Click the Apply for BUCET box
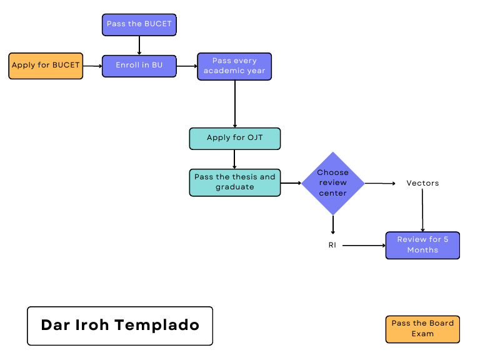(46, 66)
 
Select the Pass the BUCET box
(139, 24)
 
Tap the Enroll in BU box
(139, 65)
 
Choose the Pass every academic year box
(234, 66)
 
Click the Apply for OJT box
(234, 138)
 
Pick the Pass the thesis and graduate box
(234, 182)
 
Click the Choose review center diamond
(332, 183)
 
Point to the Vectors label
(422, 183)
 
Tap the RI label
(332, 245)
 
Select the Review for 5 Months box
(422, 245)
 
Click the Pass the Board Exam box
(422, 329)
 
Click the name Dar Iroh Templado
(120, 326)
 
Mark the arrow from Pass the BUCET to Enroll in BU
(139, 44)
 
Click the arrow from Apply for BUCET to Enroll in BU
(92, 66)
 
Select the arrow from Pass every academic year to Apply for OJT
(234, 104)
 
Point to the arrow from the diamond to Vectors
(380, 183)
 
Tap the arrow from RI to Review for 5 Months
(364, 246)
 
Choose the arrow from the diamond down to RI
(332, 224)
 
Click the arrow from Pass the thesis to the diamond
(291, 183)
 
